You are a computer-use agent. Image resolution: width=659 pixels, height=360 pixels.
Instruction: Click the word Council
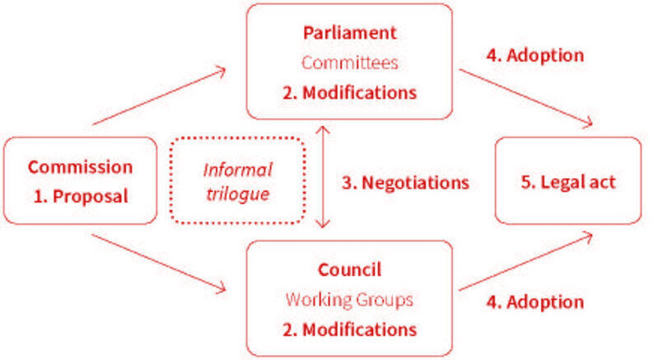(x=349, y=270)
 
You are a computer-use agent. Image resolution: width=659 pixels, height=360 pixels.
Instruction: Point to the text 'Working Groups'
(x=348, y=300)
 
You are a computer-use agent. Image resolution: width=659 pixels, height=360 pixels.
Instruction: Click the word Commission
(x=80, y=167)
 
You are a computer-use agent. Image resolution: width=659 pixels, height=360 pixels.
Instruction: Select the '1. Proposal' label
(x=80, y=197)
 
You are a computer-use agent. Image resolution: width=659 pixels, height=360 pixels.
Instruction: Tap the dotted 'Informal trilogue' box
(x=237, y=181)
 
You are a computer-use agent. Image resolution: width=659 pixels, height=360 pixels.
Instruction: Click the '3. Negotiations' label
(x=405, y=182)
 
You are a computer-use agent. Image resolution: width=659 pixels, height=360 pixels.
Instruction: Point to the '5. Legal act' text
(x=567, y=182)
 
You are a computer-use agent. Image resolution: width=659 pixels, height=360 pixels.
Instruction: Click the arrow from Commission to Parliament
(x=159, y=97)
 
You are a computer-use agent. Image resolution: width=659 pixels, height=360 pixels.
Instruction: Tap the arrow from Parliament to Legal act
(x=526, y=97)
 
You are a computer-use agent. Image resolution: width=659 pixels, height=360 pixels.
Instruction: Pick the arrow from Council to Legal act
(x=526, y=262)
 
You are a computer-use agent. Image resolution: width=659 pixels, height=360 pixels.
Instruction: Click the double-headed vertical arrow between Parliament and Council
(x=322, y=176)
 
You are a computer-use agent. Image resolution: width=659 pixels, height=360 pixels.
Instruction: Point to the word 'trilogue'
(x=237, y=196)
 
